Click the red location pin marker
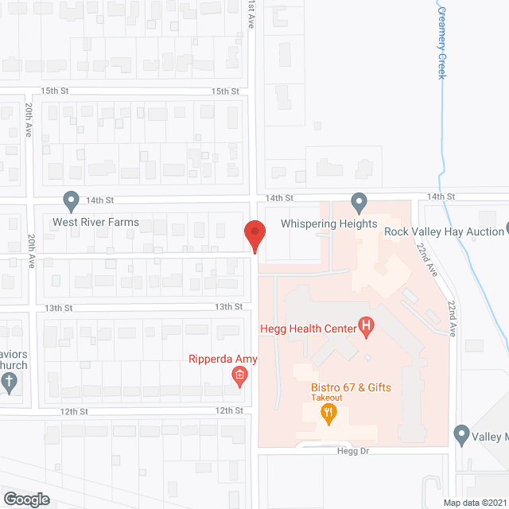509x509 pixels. pyautogui.click(x=254, y=235)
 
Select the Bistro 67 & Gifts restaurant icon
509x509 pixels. pyautogui.click(x=326, y=412)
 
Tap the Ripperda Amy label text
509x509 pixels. pyautogui.click(x=223, y=359)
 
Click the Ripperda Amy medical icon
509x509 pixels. pyautogui.click(x=238, y=375)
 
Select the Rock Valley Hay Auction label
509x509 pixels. pyautogui.click(x=444, y=231)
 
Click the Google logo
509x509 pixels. pyautogui.click(x=25, y=499)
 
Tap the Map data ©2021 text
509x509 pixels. pyautogui.click(x=475, y=503)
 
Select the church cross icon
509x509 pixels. pyautogui.click(x=10, y=383)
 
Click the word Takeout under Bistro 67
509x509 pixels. pyautogui.click(x=326, y=397)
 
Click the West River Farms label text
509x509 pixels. pyautogui.click(x=95, y=223)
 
